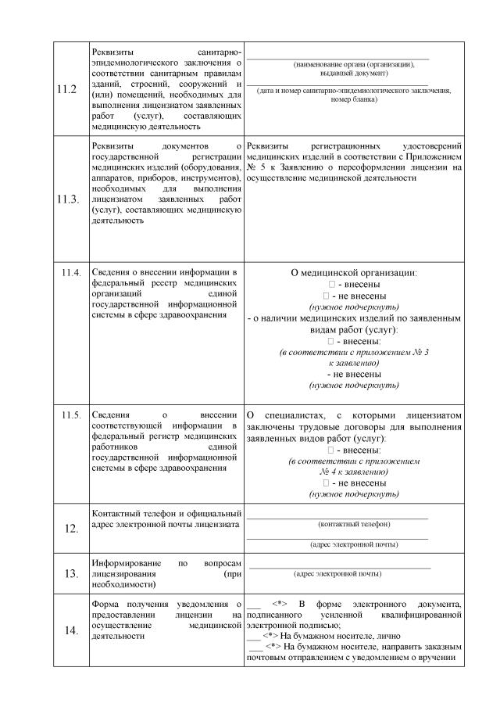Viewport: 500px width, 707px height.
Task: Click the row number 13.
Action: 71,574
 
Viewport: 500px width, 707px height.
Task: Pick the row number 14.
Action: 71,632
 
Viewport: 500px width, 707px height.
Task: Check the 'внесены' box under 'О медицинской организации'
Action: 332,285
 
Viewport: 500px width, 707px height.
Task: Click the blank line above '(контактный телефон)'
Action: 337,518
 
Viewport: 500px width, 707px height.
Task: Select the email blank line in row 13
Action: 339,567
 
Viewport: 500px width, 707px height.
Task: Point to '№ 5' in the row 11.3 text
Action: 255,167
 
